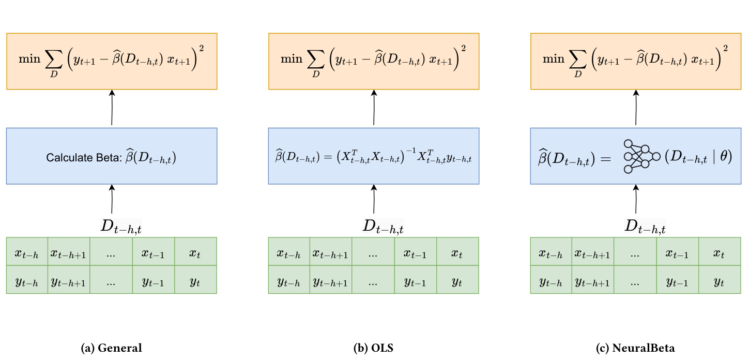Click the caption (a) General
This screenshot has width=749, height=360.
112,348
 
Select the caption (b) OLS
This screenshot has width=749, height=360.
374,348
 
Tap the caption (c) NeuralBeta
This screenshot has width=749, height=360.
636,348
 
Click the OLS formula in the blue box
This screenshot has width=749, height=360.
374,156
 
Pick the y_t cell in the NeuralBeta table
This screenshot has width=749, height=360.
720,281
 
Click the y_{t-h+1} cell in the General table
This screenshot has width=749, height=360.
69,281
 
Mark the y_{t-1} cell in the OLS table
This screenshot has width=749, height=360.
415,281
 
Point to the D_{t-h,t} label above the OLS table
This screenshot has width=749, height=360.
383,226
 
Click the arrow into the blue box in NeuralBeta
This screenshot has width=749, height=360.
636,200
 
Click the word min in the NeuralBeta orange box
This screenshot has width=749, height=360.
553,58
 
